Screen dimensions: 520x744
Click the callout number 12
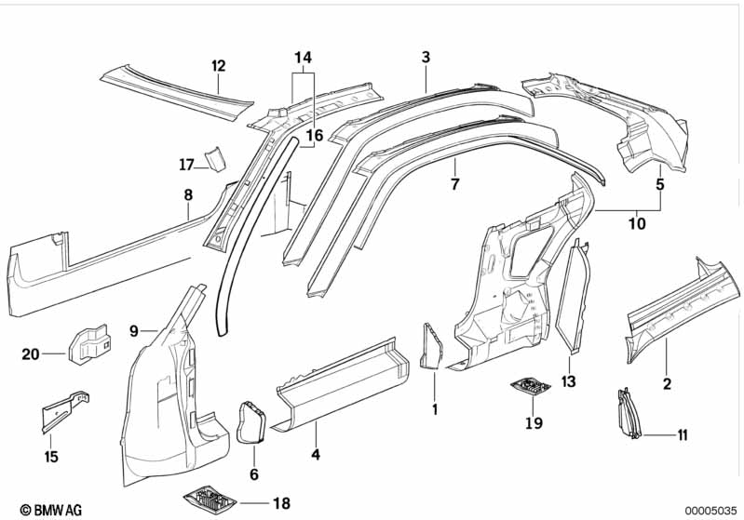pyautogui.click(x=218, y=65)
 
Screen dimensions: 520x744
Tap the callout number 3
pyautogui.click(x=426, y=58)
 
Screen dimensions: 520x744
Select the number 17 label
pyautogui.click(x=186, y=165)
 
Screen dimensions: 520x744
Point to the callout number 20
pyautogui.click(x=31, y=353)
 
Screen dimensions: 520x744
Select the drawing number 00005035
pyautogui.click(x=706, y=510)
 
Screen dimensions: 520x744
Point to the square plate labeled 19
pyautogui.click(x=529, y=386)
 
